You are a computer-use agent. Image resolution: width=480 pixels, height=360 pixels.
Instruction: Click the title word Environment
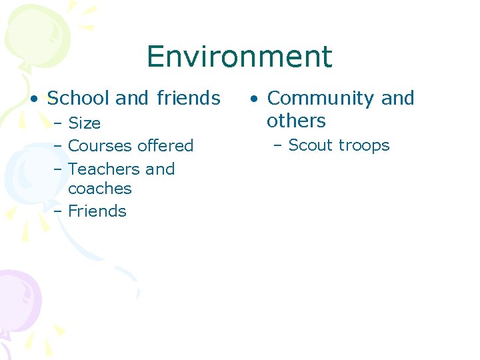click(239, 57)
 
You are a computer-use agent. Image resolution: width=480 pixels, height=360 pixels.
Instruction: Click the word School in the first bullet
click(78, 99)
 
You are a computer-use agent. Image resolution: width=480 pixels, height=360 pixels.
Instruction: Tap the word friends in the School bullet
click(189, 99)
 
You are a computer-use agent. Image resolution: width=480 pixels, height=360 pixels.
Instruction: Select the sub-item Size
click(85, 123)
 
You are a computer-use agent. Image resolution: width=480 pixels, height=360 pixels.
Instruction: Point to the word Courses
click(100, 146)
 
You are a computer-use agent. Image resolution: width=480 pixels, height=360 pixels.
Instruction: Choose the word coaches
click(100, 189)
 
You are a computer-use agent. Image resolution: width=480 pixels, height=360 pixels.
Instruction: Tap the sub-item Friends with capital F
click(97, 211)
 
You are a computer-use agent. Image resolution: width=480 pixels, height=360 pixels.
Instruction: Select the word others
click(296, 121)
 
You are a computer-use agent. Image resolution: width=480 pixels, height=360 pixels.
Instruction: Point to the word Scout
click(311, 146)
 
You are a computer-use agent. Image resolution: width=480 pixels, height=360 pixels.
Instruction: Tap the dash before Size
click(59, 123)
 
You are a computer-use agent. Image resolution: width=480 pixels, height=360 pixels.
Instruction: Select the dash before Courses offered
click(59, 146)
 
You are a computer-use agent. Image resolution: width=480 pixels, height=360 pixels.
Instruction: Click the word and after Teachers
click(160, 169)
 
